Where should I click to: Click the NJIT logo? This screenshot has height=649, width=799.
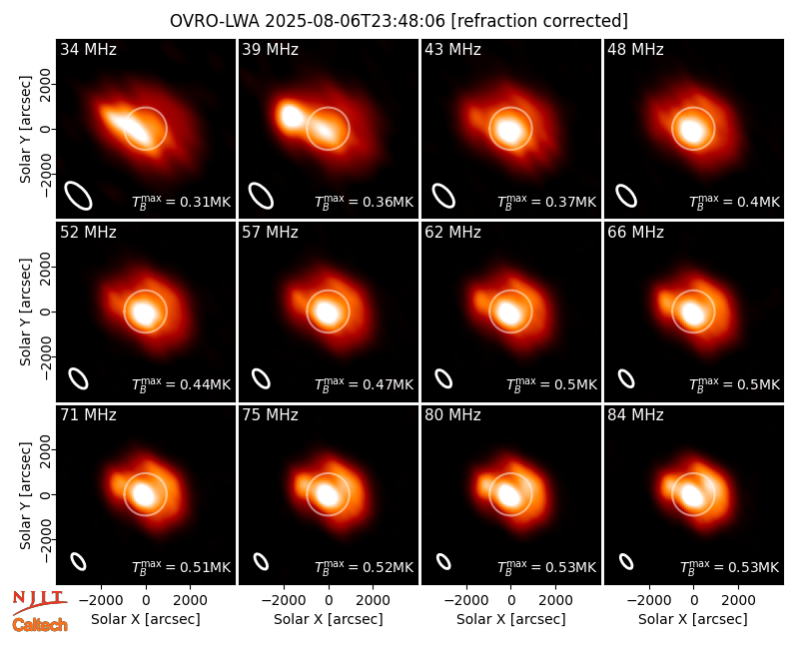(x=40, y=602)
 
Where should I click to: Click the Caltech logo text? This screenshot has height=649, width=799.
(x=40, y=625)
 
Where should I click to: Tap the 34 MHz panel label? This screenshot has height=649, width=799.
(x=88, y=49)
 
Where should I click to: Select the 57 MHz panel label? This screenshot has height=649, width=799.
(x=270, y=233)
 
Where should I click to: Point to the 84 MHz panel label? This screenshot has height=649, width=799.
(x=635, y=415)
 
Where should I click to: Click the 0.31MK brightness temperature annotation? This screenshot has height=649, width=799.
(x=182, y=202)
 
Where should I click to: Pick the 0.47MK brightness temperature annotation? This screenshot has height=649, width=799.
(x=364, y=384)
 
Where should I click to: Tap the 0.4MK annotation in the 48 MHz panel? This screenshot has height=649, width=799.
(x=734, y=202)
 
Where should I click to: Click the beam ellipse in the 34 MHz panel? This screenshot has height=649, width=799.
(x=78, y=196)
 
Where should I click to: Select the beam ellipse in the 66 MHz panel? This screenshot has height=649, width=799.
(x=626, y=378)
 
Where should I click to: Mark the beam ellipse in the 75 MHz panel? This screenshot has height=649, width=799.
(x=261, y=561)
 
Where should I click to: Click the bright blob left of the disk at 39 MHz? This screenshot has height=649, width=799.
(x=291, y=116)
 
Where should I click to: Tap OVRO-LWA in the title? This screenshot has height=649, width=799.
(x=215, y=21)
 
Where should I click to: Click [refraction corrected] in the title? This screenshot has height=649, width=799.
(x=540, y=21)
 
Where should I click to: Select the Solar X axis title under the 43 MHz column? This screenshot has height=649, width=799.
(x=511, y=619)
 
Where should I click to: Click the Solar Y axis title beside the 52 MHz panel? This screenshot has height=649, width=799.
(x=25, y=312)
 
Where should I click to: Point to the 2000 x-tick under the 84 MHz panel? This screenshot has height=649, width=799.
(x=738, y=601)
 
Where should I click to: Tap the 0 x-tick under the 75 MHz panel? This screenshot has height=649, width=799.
(x=329, y=601)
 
